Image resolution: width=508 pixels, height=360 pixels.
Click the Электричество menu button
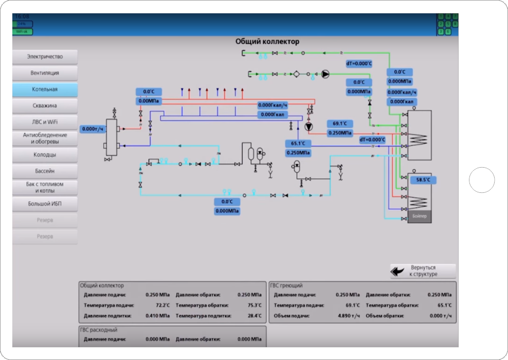[45, 57]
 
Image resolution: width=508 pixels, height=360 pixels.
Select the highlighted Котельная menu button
[45, 89]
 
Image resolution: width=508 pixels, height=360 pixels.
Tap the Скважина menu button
[45, 105]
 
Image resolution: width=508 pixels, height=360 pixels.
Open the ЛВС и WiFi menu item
[45, 122]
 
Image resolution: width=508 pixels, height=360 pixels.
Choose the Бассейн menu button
[45, 171]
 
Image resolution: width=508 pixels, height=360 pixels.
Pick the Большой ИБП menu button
[45, 204]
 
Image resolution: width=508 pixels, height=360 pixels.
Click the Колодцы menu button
[45, 154]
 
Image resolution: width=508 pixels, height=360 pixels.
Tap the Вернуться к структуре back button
[423, 271]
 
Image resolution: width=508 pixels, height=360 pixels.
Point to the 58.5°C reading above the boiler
[423, 180]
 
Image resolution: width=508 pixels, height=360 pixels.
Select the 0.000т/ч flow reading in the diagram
[93, 129]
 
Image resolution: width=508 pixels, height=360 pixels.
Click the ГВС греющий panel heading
[286, 285]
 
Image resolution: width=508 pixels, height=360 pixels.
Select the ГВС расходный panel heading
[98, 330]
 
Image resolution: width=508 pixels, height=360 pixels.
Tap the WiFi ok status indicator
[22, 32]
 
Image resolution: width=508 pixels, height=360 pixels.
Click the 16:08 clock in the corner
[22, 17]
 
